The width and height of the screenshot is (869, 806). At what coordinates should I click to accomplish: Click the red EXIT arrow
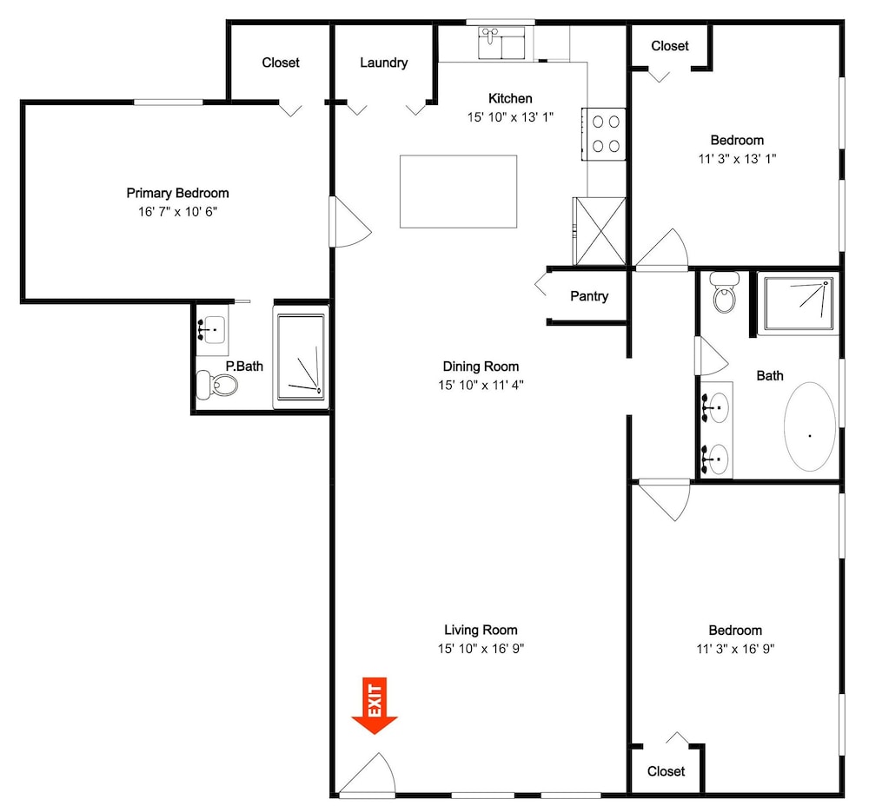click(374, 705)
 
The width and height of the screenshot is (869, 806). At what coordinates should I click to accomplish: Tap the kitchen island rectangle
click(458, 191)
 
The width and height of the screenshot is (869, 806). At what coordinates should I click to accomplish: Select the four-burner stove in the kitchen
click(604, 134)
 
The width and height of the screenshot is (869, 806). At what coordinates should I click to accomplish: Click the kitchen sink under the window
click(501, 43)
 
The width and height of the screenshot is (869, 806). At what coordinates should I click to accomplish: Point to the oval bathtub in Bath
click(810, 426)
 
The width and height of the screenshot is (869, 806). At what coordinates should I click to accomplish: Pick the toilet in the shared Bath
click(725, 292)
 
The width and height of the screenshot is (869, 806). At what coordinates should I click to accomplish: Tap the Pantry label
click(589, 296)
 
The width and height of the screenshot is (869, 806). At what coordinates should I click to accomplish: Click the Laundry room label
click(383, 63)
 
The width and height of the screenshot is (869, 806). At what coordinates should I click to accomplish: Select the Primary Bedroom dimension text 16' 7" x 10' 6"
click(177, 212)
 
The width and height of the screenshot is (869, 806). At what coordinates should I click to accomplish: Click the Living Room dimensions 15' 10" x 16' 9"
click(481, 648)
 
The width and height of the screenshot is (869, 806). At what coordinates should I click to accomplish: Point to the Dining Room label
click(481, 367)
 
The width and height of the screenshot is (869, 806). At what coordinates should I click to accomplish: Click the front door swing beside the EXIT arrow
click(367, 775)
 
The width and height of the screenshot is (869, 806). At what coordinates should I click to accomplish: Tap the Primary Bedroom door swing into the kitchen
click(349, 221)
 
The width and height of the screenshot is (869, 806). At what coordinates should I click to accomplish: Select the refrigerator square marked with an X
click(600, 231)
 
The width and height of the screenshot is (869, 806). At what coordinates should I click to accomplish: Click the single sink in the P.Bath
click(212, 329)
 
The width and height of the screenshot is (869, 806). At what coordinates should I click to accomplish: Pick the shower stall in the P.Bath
click(301, 357)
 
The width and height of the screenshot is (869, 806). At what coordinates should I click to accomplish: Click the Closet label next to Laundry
click(281, 62)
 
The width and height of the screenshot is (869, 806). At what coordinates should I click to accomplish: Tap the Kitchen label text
click(510, 99)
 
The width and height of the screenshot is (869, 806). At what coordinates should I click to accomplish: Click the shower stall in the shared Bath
click(799, 304)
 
